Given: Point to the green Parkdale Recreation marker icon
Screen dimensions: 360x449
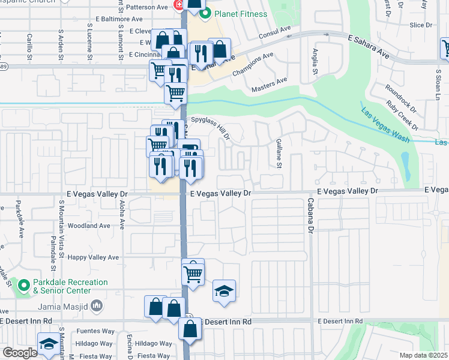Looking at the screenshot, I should pos(24,286).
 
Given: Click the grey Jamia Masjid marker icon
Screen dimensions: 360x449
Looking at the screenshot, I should pos(98,307).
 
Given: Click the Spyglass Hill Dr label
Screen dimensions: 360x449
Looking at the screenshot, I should pos(211,128).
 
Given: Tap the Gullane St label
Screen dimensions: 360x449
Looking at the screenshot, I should pos(279,152).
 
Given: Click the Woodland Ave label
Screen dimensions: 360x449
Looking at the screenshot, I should pos(89,226).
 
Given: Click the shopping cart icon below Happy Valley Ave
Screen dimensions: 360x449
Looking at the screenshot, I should pos(193,274).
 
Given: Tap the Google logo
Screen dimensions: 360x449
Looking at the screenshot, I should pos(20,353).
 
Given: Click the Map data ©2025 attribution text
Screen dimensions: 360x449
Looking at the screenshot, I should pos(423,355).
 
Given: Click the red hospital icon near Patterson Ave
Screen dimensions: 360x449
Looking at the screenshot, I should pos(178,5).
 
